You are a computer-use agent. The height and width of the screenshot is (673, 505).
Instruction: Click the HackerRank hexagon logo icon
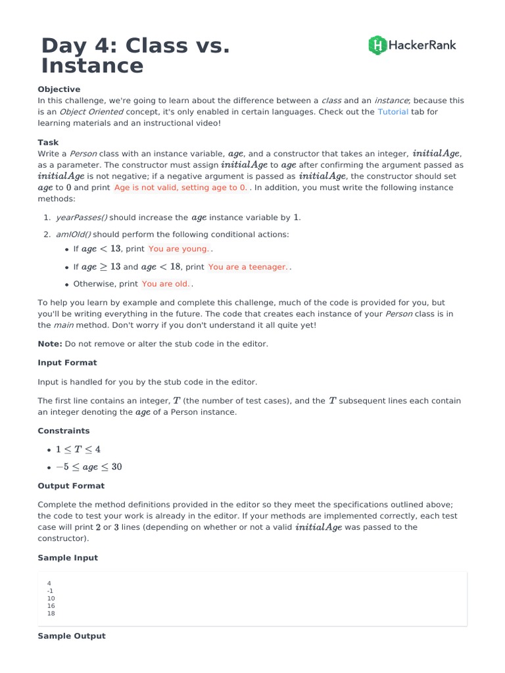click(x=377, y=45)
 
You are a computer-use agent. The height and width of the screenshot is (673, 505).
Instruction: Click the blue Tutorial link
click(x=393, y=112)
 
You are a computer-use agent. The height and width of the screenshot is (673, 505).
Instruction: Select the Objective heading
click(x=59, y=89)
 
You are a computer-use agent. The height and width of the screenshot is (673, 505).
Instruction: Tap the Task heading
click(x=48, y=143)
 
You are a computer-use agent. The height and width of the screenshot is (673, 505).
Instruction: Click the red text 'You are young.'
click(x=179, y=249)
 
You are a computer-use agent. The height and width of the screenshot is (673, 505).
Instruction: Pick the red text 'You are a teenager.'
click(x=248, y=267)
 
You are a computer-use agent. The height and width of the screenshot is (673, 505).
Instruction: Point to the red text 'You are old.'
click(x=166, y=284)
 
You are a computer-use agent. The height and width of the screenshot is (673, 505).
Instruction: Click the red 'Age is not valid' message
click(x=181, y=187)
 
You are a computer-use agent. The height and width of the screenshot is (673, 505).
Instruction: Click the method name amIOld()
click(x=73, y=235)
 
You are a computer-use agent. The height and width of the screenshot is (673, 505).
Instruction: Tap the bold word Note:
click(x=50, y=344)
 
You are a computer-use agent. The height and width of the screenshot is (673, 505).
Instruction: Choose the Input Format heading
click(x=67, y=363)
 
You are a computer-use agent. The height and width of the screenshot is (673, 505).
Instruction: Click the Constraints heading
click(x=64, y=431)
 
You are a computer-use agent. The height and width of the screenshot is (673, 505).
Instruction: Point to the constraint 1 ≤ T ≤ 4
click(x=78, y=450)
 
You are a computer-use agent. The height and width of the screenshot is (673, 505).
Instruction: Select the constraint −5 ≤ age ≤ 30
click(x=89, y=467)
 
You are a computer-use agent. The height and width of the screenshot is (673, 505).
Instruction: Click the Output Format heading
click(x=71, y=486)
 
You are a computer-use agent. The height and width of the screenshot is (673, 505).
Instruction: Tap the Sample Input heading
click(x=68, y=558)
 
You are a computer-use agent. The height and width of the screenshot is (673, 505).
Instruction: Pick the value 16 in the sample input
click(x=51, y=606)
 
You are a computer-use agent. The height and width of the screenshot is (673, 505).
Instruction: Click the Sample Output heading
click(x=71, y=636)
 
